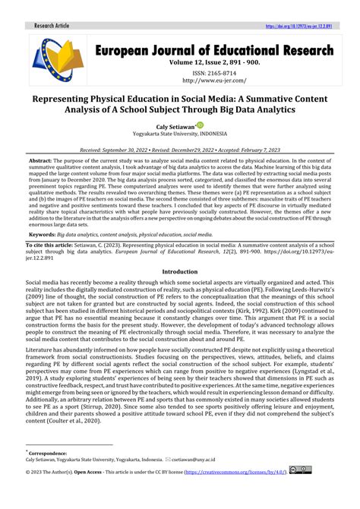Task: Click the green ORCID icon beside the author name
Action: [200, 125]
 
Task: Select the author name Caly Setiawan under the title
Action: [175, 125]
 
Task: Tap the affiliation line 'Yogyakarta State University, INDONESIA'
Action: [180, 134]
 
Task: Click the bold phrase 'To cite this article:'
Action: [53, 247]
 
